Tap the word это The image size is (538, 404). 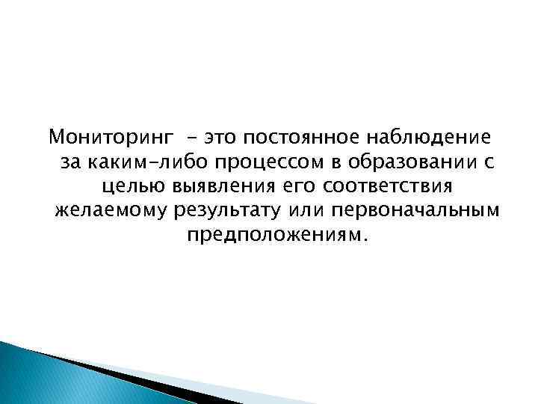pos(224,138)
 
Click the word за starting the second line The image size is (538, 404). pos(67,162)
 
